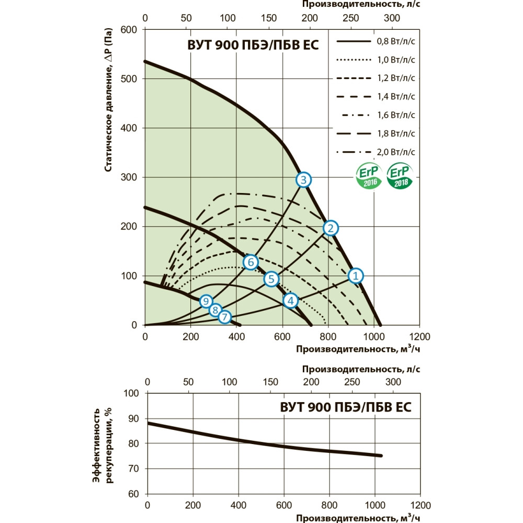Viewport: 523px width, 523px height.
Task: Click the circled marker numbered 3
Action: [304, 180]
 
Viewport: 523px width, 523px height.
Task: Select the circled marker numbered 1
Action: [356, 276]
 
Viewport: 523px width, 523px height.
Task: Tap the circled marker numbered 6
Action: [251, 262]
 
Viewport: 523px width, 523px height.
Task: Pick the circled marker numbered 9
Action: [207, 301]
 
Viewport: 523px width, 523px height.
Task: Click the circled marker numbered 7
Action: [224, 317]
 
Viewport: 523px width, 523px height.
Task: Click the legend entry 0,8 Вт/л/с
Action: [377, 41]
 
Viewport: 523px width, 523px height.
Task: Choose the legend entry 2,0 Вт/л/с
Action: [377, 152]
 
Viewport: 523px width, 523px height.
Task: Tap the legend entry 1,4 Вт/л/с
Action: [377, 96]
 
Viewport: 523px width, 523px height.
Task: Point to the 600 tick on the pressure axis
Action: [129, 29]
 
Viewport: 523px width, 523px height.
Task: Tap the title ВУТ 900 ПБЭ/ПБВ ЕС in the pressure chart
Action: [253, 45]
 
